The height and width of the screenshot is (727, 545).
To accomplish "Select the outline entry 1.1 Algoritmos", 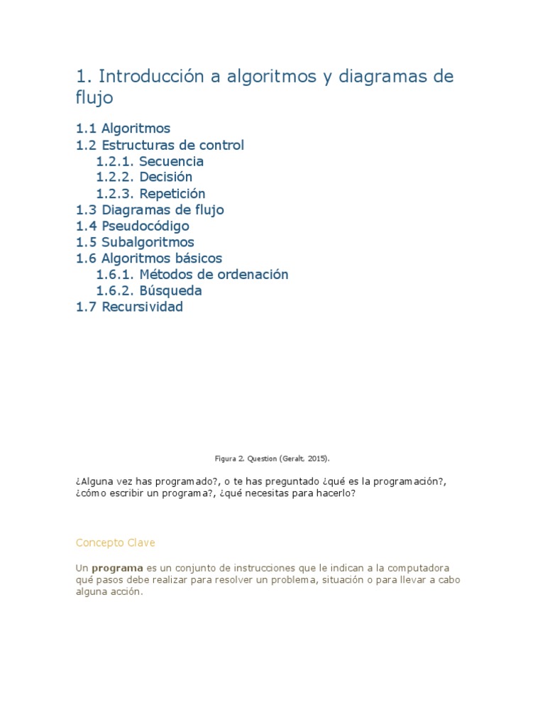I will click(x=123, y=129).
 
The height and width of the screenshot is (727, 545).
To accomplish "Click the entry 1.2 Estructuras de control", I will click(x=160, y=146).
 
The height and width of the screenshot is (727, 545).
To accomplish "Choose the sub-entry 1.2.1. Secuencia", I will click(x=150, y=162).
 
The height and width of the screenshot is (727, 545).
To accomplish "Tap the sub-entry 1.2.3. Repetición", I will click(x=150, y=194).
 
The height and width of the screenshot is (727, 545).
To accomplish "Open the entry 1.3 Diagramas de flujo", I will click(x=150, y=210).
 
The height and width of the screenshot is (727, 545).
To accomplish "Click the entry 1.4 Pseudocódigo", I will click(x=133, y=226).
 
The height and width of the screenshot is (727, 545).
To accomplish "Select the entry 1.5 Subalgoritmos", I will click(x=135, y=243).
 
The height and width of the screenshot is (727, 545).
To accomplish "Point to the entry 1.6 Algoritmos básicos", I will click(x=149, y=258).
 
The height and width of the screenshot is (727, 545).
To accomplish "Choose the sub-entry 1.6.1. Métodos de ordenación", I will click(x=192, y=275).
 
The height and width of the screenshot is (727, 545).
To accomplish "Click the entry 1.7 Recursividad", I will click(x=129, y=307).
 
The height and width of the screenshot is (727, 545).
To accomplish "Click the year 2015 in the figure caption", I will click(x=316, y=459).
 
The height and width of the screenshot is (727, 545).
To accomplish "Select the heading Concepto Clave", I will click(x=115, y=543).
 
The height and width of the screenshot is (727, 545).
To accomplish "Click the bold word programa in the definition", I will click(x=118, y=569).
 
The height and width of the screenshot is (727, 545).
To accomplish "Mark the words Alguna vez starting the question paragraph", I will click(x=102, y=481).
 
